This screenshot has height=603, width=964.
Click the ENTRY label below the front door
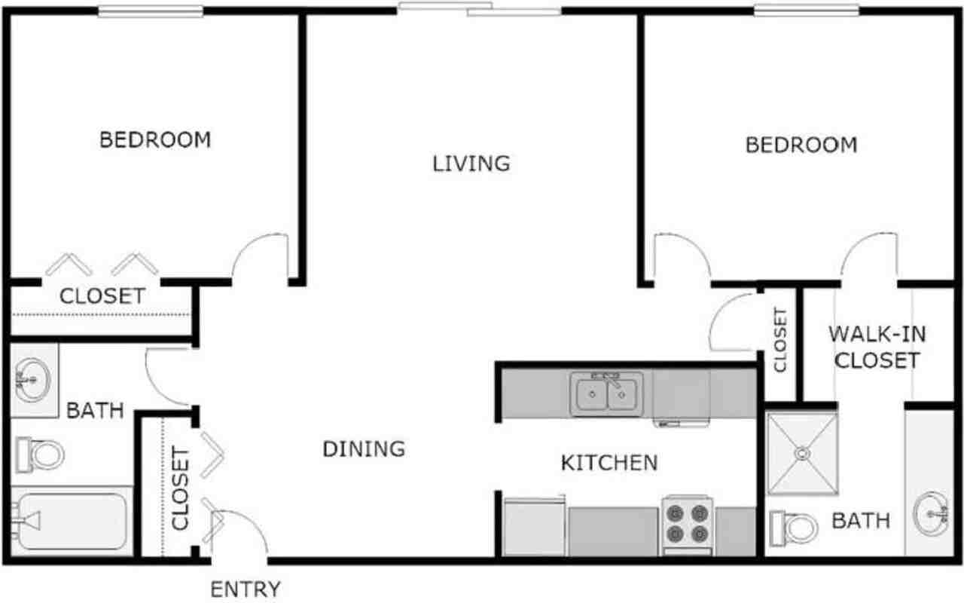tap(246, 589)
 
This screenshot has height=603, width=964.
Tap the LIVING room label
tap(471, 164)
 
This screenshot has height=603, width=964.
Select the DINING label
tap(364, 448)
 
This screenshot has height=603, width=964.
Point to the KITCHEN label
tap(609, 463)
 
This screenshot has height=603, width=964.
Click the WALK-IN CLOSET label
tap(877, 347)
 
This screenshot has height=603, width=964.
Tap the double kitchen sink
tap(607, 393)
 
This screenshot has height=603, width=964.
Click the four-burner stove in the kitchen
tap(688, 526)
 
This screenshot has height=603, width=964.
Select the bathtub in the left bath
tap(72, 521)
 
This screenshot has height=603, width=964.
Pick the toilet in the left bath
tap(40, 455)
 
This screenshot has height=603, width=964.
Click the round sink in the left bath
tap(32, 380)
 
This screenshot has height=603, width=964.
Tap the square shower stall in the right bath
tap(802, 454)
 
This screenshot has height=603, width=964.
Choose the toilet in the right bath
tap(794, 528)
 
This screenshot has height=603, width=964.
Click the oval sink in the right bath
tap(931, 514)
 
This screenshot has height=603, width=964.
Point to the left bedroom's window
tap(151, 11)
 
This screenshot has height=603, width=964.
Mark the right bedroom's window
tap(806, 11)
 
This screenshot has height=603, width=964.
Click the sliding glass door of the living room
tap(480, 9)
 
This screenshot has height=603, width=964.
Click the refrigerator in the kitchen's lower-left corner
tap(534, 527)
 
